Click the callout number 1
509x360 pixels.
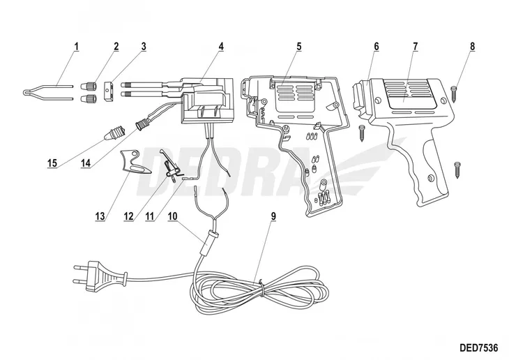[x=76, y=47]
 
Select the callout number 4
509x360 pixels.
[x=220, y=47]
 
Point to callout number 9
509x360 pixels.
[x=273, y=216]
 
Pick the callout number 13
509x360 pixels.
[x=100, y=216]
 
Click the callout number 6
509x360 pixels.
[x=376, y=47]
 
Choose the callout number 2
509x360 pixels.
[x=116, y=47]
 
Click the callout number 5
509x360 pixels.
[x=298, y=47]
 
